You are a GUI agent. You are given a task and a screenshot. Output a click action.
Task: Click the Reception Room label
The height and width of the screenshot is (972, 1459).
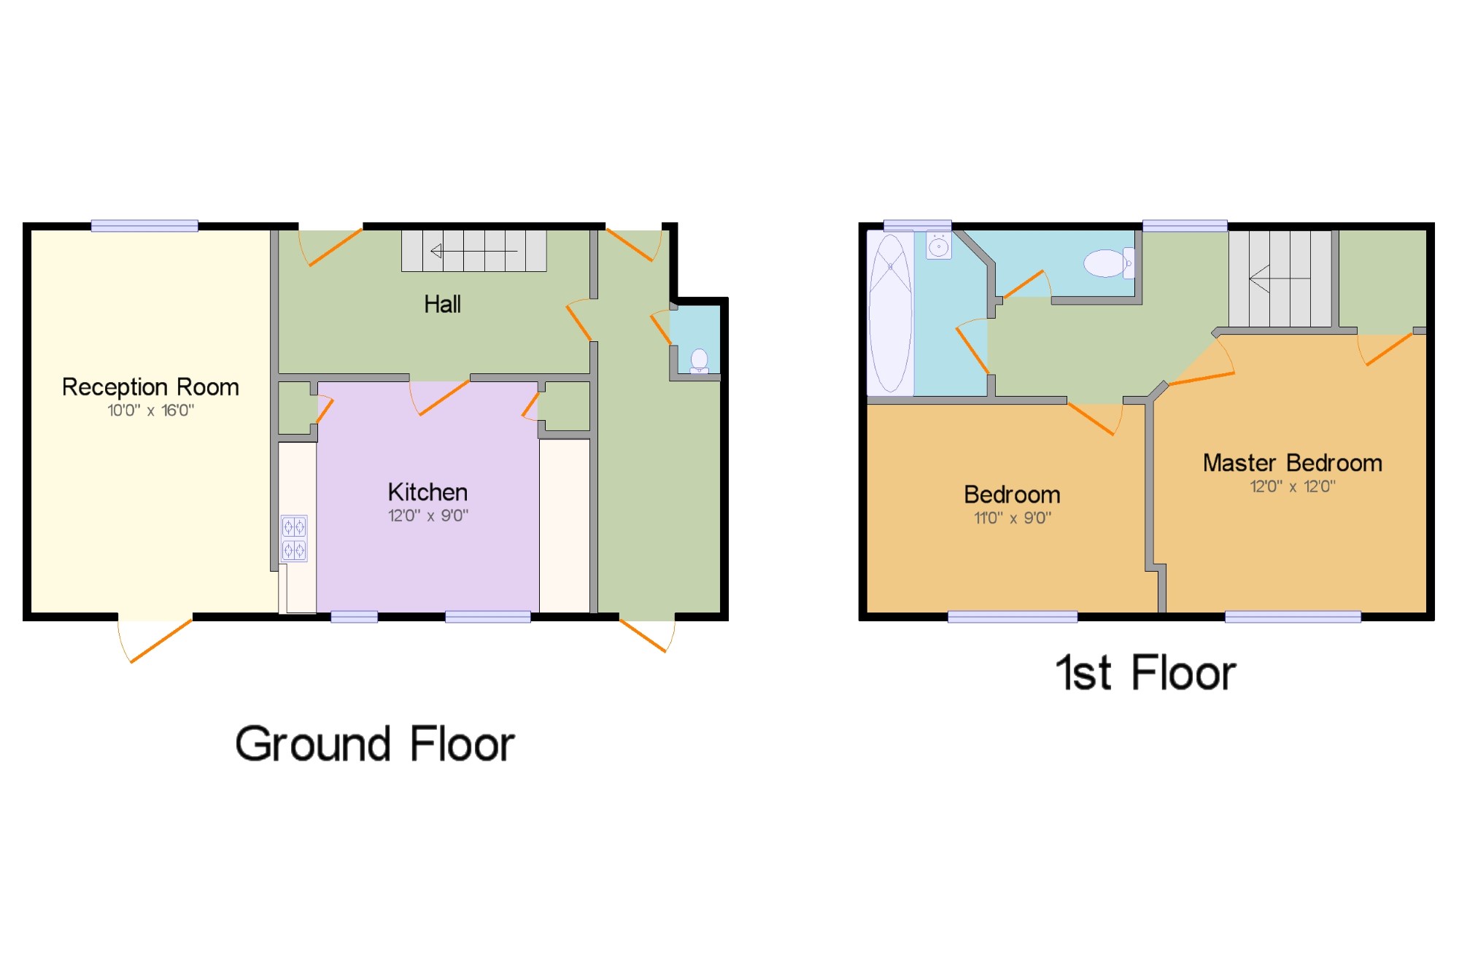pos(150,387)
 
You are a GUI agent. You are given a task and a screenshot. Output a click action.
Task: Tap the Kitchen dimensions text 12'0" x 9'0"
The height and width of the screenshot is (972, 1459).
pos(428,516)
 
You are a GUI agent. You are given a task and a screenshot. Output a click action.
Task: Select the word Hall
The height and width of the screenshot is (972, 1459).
pos(442,304)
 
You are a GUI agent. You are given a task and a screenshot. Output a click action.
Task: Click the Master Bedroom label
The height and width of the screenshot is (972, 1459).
pos(1292,463)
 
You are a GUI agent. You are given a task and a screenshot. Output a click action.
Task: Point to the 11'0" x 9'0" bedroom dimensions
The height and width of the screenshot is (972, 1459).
pos(1013,518)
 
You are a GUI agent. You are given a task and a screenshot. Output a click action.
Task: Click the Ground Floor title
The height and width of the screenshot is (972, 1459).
pos(375,744)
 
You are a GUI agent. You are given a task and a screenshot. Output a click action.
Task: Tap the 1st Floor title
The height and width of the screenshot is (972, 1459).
pos(1146,672)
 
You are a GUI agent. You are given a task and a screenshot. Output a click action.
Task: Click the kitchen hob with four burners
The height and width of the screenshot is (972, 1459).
pos(294,538)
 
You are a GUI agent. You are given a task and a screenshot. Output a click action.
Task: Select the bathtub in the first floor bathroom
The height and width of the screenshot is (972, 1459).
pos(890,314)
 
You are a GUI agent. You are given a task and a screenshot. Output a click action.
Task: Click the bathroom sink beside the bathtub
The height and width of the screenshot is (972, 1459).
pos(939,246)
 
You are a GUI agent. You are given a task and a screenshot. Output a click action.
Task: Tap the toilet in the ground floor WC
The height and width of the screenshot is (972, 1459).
pos(699,361)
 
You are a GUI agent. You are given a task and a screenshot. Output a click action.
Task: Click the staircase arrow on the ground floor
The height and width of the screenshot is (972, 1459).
pos(474,252)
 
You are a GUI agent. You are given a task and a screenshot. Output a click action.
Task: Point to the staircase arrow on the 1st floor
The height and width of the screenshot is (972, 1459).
pos(1280,279)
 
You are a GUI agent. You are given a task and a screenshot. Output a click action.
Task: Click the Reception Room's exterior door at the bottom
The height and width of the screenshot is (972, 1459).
pos(155,640)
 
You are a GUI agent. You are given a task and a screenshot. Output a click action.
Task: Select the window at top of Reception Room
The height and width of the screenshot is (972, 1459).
pos(144,226)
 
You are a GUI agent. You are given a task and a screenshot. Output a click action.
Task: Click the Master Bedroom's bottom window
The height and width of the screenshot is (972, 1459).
pos(1293,617)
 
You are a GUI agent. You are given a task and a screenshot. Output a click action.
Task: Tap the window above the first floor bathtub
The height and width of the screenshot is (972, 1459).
pos(918,225)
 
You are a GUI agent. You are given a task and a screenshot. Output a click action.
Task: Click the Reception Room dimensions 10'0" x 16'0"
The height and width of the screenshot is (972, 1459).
pos(151,411)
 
